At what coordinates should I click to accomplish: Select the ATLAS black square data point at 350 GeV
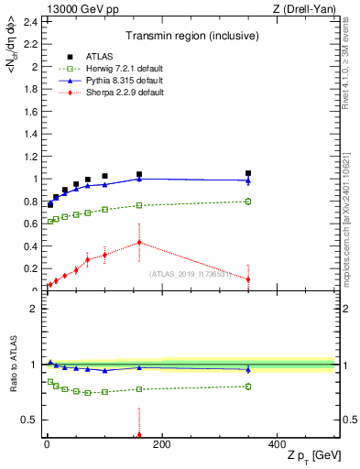pyautogui.click(x=248, y=173)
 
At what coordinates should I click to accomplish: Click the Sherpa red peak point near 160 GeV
pyautogui.click(x=139, y=243)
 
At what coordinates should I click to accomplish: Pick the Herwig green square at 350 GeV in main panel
pyautogui.click(x=248, y=202)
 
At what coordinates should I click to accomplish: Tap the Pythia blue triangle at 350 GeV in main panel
pyautogui.click(x=248, y=180)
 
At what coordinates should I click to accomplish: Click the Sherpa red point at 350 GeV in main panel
pyautogui.click(x=248, y=279)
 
